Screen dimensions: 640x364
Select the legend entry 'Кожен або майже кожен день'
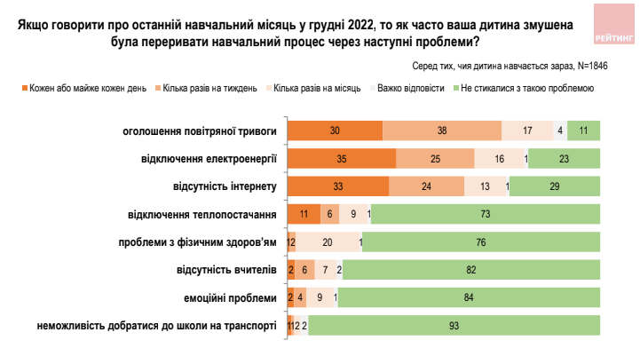[x=84, y=88]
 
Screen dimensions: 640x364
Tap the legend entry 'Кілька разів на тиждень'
[x=206, y=88]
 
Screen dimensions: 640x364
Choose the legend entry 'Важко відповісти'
[x=407, y=88]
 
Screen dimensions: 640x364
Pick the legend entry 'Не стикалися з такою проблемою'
[x=524, y=88]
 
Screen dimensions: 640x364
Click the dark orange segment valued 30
[x=336, y=131]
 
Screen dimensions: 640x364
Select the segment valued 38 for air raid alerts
[x=442, y=131]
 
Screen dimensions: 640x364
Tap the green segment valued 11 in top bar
[x=584, y=131]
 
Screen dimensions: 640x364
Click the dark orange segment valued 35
[x=342, y=158]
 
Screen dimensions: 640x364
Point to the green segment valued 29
[x=555, y=186]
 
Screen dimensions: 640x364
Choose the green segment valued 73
[x=486, y=214]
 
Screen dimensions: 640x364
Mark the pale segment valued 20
[x=328, y=242]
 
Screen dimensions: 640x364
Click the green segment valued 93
[x=454, y=326]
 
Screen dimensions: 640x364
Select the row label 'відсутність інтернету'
[x=225, y=186]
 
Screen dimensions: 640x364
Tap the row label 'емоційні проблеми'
[x=230, y=298]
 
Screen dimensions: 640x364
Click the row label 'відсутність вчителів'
[x=226, y=270]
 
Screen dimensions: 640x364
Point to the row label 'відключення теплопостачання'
[x=202, y=215]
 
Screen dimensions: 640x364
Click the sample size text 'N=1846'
[x=593, y=66]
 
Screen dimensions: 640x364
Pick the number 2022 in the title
[x=361, y=25]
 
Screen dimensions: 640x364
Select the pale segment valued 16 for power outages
[x=499, y=158]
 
